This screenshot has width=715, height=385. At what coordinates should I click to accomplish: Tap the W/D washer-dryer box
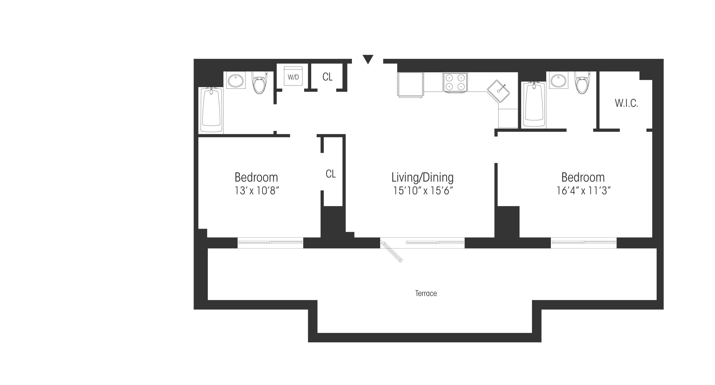click(x=293, y=76)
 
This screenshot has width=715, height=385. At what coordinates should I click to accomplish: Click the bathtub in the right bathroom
click(x=534, y=105)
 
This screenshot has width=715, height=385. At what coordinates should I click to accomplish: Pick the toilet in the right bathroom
click(x=582, y=82)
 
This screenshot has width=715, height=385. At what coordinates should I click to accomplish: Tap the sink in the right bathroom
click(x=559, y=80)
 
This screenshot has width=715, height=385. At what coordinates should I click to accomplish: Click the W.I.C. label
click(x=626, y=103)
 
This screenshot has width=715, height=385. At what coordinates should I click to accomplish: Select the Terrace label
click(x=426, y=293)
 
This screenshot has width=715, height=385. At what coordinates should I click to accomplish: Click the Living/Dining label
click(x=422, y=177)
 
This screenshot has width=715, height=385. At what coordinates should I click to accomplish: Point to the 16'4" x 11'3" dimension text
click(x=583, y=191)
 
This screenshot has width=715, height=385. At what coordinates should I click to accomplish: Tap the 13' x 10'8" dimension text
click(x=257, y=191)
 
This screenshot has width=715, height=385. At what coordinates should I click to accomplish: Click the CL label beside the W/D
click(x=327, y=77)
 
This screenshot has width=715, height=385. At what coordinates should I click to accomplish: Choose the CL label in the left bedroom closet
click(x=331, y=174)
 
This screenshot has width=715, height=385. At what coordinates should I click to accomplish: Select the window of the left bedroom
click(x=270, y=242)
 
